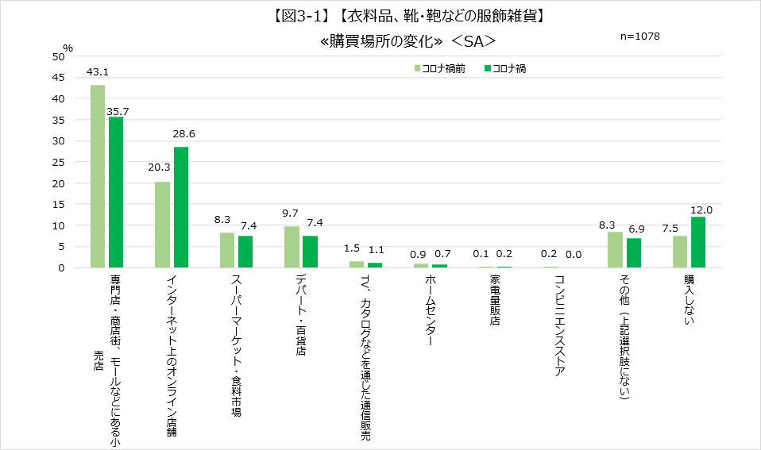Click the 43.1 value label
pyautogui.click(x=98, y=73)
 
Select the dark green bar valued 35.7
pyautogui.click(x=116, y=192)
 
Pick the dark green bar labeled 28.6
pyautogui.click(x=181, y=207)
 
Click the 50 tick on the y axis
pyautogui.click(x=59, y=56)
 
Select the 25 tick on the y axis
pyautogui.click(x=59, y=162)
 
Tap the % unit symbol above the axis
pyautogui.click(x=68, y=48)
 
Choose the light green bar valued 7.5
pyautogui.click(x=680, y=252)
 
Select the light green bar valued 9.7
pyautogui.click(x=292, y=247)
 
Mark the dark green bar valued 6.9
pyautogui.click(x=633, y=253)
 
